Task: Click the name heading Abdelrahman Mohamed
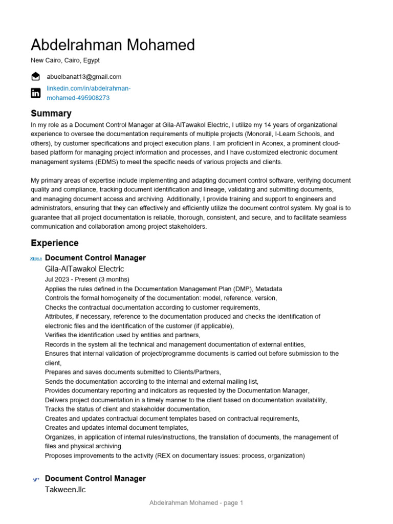pyautogui.click(x=113, y=45)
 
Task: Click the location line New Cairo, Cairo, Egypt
pyautogui.click(x=65, y=60)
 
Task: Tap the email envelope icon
pyautogui.click(x=35, y=77)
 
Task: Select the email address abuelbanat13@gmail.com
pyautogui.click(x=84, y=77)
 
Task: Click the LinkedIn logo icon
pyautogui.click(x=35, y=93)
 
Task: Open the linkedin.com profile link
pyautogui.click(x=89, y=93)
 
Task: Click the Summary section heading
pyautogui.click(x=51, y=113)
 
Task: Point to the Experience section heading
pyautogui.click(x=55, y=243)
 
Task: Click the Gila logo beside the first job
pyautogui.click(x=36, y=258)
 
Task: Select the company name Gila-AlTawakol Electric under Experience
pyautogui.click(x=84, y=269)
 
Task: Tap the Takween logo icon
pyautogui.click(x=36, y=479)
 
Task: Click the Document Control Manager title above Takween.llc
pyautogui.click(x=95, y=478)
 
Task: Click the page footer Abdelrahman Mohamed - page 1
pyautogui.click(x=196, y=503)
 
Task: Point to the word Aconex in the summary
pyautogui.click(x=275, y=143)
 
